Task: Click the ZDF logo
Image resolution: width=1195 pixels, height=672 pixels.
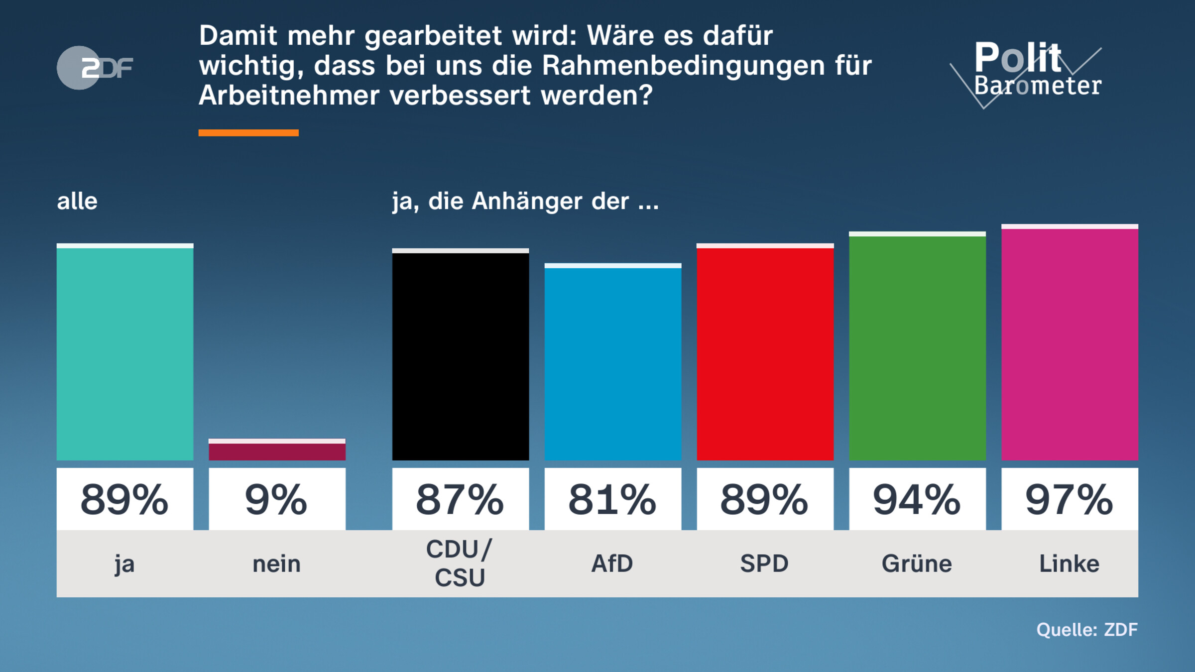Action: click(95, 68)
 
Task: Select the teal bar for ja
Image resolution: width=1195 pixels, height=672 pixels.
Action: click(125, 353)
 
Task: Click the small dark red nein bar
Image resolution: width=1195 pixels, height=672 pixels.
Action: click(277, 450)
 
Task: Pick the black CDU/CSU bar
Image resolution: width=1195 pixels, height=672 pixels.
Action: click(461, 356)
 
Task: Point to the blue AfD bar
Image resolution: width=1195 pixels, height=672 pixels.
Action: click(613, 363)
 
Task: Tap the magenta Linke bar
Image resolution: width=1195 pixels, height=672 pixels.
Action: click(1070, 343)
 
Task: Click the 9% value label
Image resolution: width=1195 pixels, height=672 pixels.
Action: click(277, 499)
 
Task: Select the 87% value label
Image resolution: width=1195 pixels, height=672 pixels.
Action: click(461, 499)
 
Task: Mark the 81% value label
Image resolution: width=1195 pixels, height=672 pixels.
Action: click(613, 499)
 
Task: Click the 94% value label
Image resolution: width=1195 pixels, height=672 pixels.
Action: click(917, 499)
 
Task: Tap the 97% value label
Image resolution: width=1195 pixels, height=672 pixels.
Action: click(1070, 499)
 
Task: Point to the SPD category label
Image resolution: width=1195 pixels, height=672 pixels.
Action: click(765, 563)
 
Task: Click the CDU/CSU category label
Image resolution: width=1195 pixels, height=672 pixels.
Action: click(460, 563)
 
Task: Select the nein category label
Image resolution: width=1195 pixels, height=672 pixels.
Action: click(277, 564)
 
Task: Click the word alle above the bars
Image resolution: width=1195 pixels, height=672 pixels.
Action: click(77, 201)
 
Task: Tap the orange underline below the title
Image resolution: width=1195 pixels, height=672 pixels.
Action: click(248, 132)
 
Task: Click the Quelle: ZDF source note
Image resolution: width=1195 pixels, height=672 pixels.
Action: click(1087, 630)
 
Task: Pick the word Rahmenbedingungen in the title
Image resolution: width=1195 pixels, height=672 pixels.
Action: click(683, 65)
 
